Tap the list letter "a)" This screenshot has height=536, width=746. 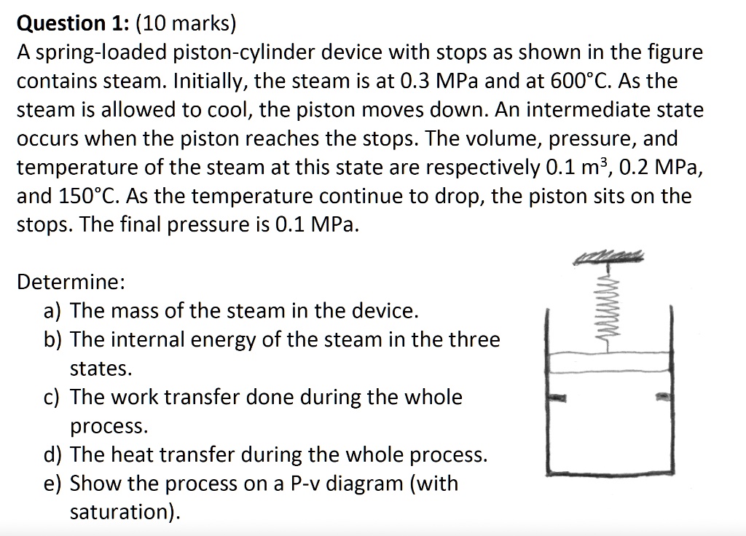coord(52,311)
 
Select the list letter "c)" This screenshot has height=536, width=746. coord(52,397)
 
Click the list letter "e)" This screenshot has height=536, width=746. coord(52,483)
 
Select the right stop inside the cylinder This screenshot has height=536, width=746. coord(662,398)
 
